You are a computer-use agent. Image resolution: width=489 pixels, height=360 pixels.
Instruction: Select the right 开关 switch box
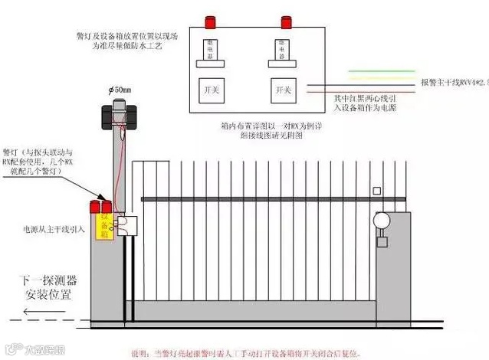[284, 90]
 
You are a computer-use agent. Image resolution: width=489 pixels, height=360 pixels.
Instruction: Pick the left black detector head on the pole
[108, 116]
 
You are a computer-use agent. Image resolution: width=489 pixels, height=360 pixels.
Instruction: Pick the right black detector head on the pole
[136, 116]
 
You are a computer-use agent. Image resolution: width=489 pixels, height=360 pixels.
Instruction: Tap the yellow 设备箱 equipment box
[106, 223]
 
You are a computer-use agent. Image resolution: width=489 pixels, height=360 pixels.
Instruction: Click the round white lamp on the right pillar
[382, 220]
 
